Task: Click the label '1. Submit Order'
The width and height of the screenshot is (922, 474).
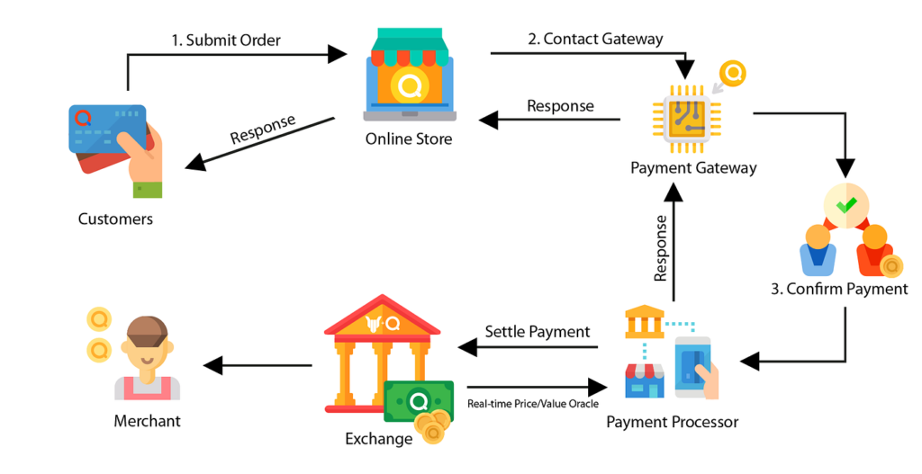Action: click(x=226, y=40)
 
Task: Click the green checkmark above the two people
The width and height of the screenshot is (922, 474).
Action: click(x=845, y=205)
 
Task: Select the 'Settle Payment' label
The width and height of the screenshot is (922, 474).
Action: click(x=538, y=332)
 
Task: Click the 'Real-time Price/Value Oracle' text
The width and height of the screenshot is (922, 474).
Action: click(x=532, y=404)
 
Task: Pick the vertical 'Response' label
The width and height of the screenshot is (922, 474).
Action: click(x=662, y=248)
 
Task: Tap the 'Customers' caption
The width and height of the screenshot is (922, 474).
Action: click(x=115, y=219)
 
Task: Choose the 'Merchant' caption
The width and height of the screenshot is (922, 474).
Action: click(x=147, y=421)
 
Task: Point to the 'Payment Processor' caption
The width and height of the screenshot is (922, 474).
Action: click(x=672, y=422)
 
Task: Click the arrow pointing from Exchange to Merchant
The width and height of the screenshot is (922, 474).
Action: click(x=258, y=365)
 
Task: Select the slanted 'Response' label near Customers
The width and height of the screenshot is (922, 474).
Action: click(x=263, y=130)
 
